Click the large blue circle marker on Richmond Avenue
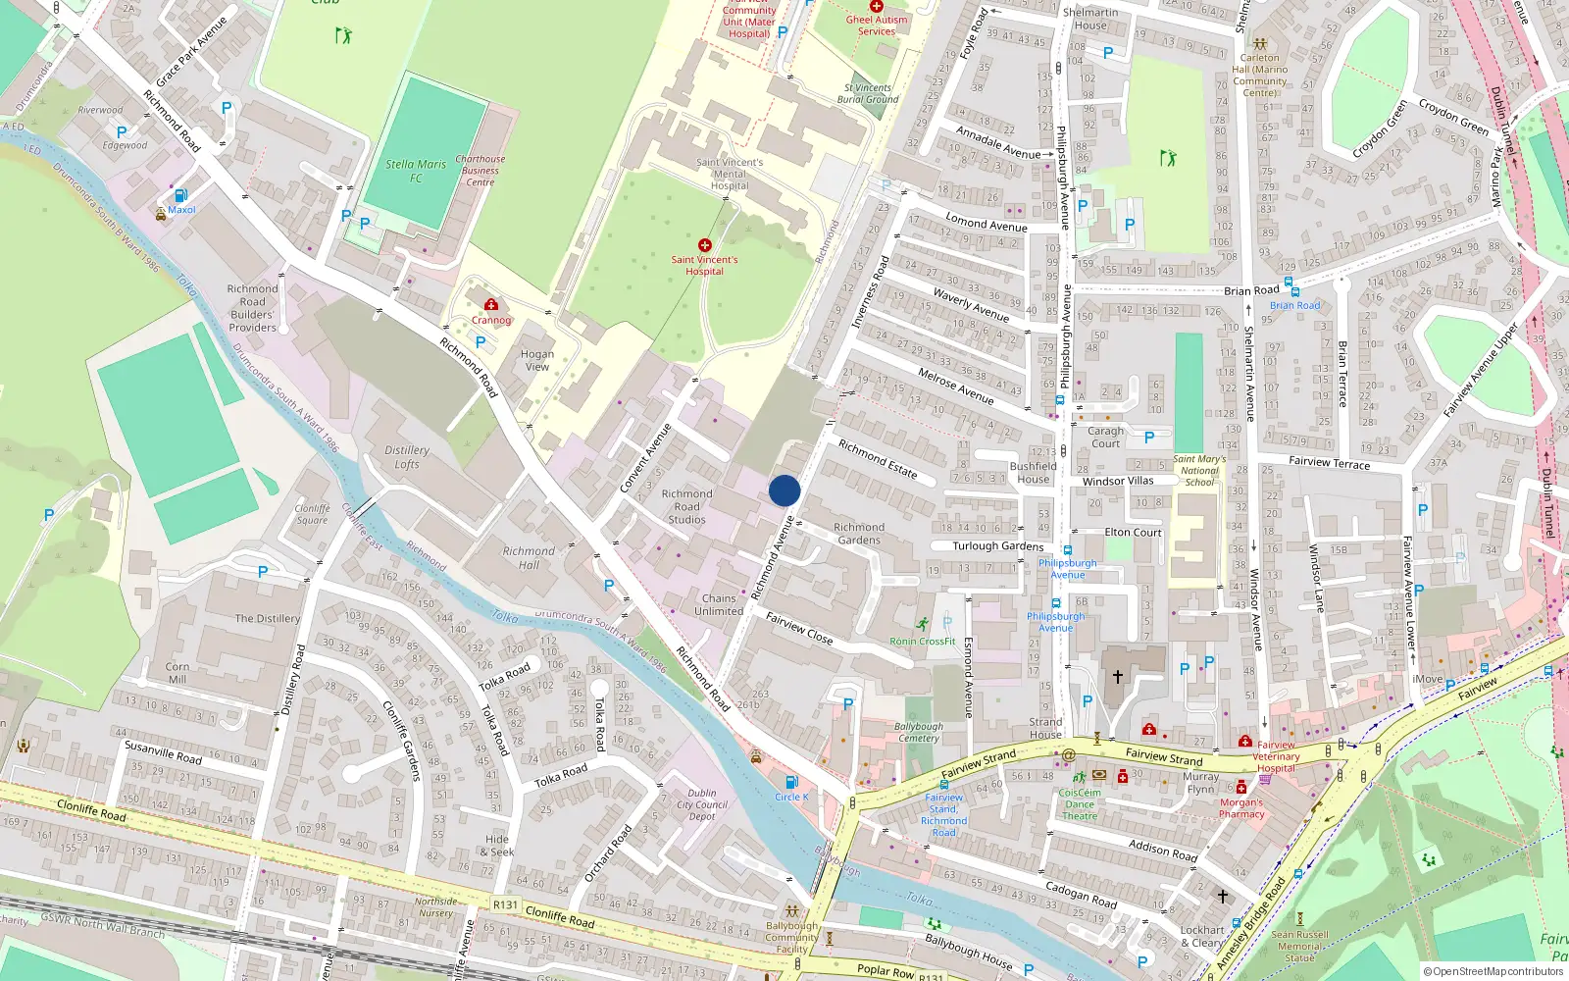[784, 490]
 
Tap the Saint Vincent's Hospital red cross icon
[704, 245]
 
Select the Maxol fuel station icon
[180, 195]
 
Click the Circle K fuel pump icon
[790, 782]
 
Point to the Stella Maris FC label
[416, 171]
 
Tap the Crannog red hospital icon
[491, 305]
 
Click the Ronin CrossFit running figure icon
[922, 624]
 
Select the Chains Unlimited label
[719, 604]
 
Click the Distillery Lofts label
[406, 457]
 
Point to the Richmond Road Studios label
[686, 506]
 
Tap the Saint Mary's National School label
[1198, 470]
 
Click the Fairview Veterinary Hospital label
[1276, 756]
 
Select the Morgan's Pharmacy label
[1241, 808]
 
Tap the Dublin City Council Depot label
[702, 804]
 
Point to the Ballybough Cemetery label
[919, 732]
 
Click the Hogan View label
[536, 360]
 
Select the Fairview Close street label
[799, 628]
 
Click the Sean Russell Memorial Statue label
[1299, 946]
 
